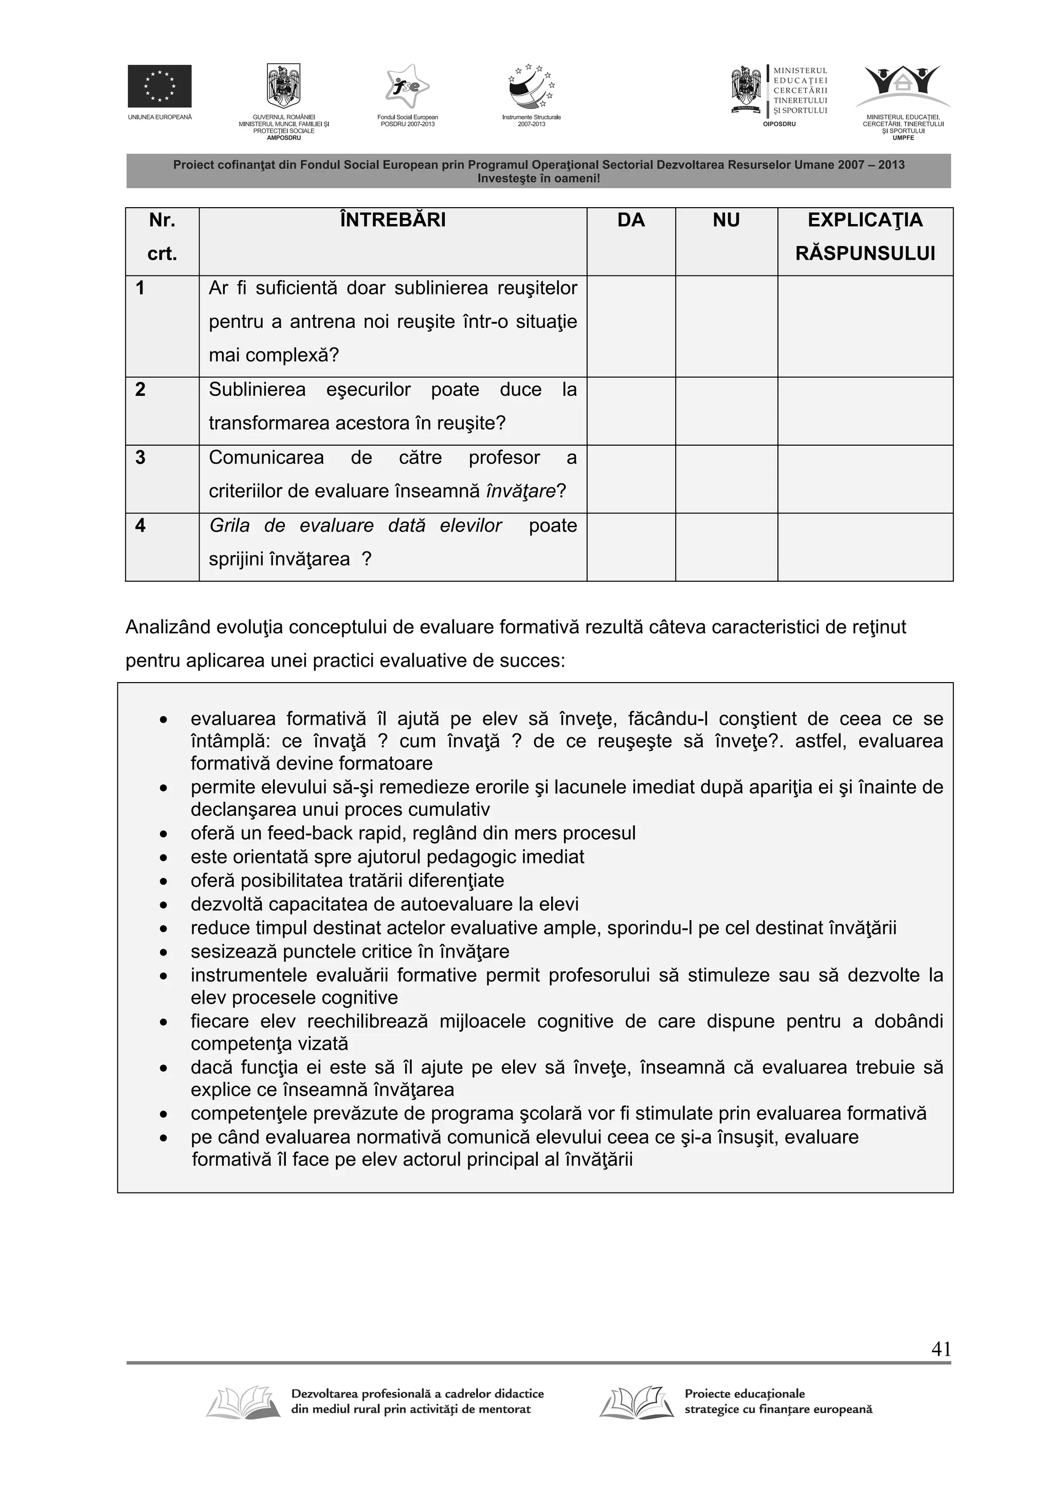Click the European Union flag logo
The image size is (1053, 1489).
tap(159, 86)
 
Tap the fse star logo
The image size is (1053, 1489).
tap(407, 87)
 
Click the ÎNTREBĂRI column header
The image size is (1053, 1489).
tap(392, 220)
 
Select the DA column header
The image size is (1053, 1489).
tap(631, 220)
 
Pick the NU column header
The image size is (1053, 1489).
tap(726, 220)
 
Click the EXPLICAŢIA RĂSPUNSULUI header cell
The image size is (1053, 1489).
tap(865, 237)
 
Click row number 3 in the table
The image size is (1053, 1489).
tap(140, 458)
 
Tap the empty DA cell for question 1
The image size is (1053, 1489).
tap(631, 326)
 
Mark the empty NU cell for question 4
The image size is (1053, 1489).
tap(726, 547)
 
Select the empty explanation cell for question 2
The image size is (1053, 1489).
tap(865, 411)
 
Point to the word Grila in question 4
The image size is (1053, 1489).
tap(229, 525)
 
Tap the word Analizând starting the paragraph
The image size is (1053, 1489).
tap(168, 627)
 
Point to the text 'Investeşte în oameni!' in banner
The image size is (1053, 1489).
tap(538, 178)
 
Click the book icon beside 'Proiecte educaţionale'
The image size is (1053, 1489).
tap(633, 1403)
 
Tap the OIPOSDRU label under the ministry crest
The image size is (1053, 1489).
tap(778, 124)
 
